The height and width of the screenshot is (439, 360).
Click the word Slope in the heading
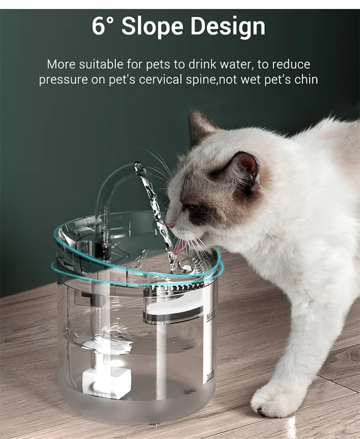[x=152, y=27]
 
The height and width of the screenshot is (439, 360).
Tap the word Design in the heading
[x=228, y=27]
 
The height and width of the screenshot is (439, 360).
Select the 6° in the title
[x=103, y=26]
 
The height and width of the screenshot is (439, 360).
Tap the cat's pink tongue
[x=179, y=247]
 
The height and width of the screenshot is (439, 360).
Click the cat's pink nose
[x=170, y=224]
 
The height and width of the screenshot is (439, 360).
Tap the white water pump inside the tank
[x=107, y=375]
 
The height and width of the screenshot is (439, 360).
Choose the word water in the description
[x=236, y=65]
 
